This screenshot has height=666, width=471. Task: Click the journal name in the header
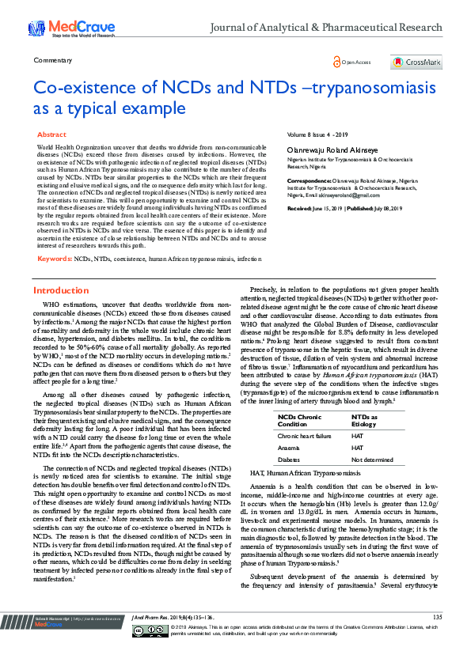coord(325,27)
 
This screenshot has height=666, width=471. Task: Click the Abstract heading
coord(52,135)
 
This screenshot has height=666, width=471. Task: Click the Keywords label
coord(55,259)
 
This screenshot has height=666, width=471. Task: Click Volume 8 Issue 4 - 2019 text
coord(317,136)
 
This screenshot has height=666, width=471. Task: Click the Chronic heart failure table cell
coord(303,436)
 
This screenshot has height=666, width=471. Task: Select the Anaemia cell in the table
coord(289,447)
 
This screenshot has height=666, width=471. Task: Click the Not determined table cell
coord(371,459)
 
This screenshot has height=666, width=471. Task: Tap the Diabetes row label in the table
coord(289,459)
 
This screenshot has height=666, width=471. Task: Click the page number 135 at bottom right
coord(437,638)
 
